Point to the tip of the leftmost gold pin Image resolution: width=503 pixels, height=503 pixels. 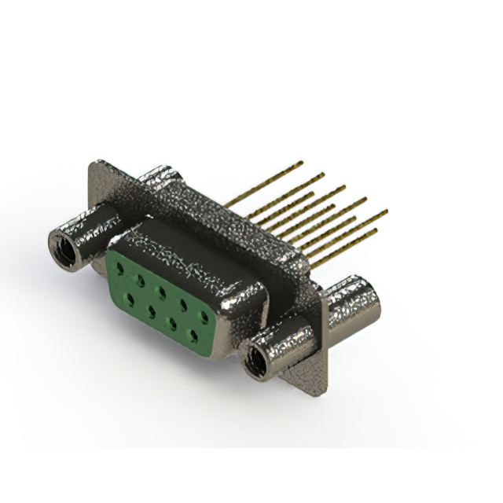coord(302,163)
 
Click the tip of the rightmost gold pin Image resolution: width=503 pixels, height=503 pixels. coord(386,211)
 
